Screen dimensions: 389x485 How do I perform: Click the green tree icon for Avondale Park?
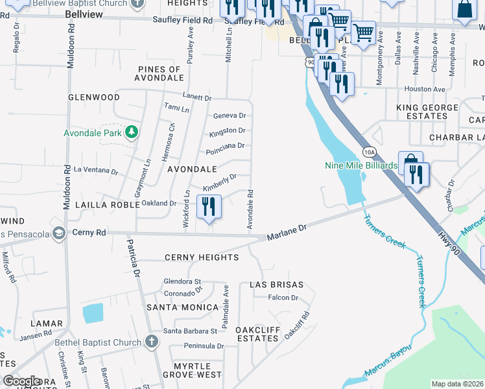coord(132,133)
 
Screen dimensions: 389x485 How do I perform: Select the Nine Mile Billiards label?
coord(361,165)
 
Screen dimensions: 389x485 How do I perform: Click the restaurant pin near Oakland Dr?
coord(208,207)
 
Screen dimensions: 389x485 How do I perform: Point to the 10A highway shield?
coord(369,152)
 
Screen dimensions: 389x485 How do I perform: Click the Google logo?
coord(21,381)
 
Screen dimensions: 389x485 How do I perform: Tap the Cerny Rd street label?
coord(89,232)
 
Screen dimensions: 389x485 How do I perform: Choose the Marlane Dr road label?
coord(286,233)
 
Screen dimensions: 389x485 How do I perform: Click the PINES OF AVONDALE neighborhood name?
coord(160,73)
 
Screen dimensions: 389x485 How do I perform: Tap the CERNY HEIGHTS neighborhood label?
coord(201,257)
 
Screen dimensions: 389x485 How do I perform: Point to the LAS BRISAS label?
coord(276,285)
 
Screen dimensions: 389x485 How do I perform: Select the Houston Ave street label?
coord(425,89)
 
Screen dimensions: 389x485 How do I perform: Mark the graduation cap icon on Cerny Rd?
coord(58,233)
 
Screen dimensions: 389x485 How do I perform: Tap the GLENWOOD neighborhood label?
coord(94,97)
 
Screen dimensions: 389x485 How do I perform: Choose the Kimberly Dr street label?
coord(220,183)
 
